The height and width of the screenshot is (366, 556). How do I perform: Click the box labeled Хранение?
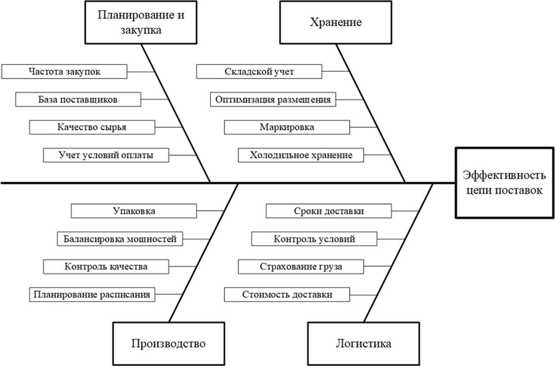tap(336, 22)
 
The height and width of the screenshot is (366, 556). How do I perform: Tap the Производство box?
tap(168, 343)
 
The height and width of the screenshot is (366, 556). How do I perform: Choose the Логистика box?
tap(363, 343)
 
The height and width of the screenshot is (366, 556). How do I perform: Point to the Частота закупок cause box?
tap(65, 71)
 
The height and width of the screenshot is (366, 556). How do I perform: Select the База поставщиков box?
tap(78, 99)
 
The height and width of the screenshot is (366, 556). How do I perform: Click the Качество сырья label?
tap(92, 127)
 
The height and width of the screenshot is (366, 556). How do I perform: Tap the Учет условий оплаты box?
tap(106, 155)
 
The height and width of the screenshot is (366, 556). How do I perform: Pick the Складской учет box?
tap(259, 71)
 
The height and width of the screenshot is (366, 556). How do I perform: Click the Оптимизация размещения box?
tap(273, 99)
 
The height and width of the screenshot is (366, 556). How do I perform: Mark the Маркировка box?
tap(287, 127)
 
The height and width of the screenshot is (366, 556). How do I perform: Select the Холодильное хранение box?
tap(301, 155)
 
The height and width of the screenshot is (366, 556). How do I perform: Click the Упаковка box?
tap(134, 211)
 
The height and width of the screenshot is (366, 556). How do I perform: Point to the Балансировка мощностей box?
tap(120, 239)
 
